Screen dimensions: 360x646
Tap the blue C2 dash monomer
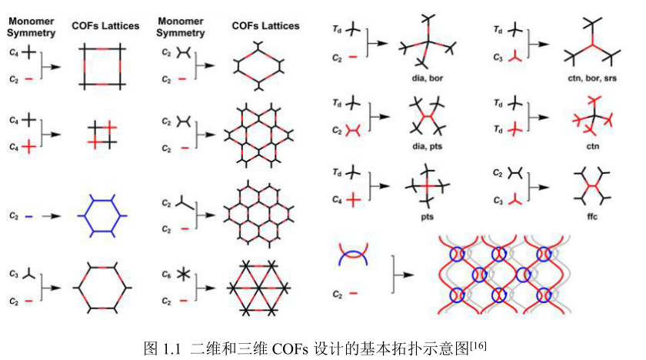[x=28, y=218]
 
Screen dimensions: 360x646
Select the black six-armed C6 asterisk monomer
[x=183, y=274]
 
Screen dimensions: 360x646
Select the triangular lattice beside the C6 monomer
[x=255, y=286]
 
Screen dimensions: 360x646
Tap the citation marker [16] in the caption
[x=480, y=342]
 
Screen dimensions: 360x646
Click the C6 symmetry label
[x=165, y=272]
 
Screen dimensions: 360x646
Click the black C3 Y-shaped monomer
[x=28, y=273]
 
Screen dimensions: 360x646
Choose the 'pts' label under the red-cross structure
[x=428, y=217]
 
